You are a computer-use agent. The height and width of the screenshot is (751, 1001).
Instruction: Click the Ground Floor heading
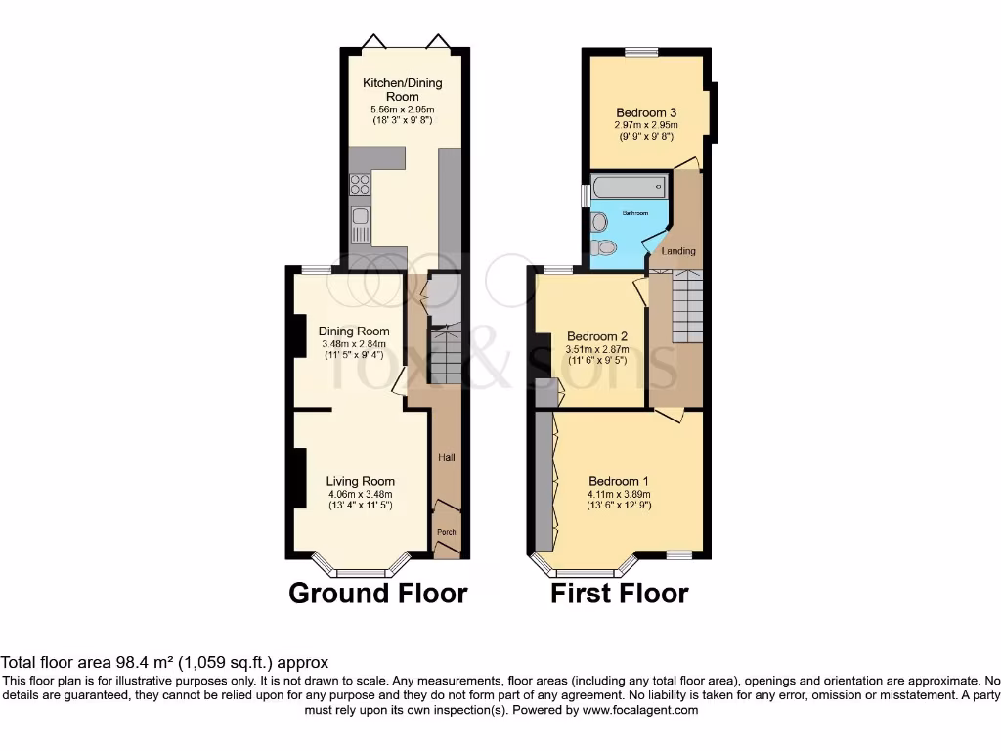(x=377, y=593)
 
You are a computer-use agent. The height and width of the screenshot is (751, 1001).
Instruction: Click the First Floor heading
(x=619, y=593)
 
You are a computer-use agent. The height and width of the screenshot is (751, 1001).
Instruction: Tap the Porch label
(x=446, y=532)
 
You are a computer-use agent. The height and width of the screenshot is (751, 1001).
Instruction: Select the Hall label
(x=446, y=457)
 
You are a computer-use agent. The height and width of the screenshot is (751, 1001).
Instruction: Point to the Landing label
(x=678, y=251)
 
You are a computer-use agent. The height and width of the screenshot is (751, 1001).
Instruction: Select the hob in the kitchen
(x=360, y=184)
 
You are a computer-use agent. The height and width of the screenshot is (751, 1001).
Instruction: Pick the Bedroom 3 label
(x=646, y=112)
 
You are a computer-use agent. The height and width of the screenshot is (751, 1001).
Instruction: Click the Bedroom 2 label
(x=596, y=336)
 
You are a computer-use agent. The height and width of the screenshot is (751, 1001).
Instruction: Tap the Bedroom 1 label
(x=618, y=481)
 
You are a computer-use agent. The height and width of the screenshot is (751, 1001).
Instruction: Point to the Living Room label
(x=361, y=481)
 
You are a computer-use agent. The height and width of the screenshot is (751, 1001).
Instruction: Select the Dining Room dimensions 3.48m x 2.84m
(x=354, y=343)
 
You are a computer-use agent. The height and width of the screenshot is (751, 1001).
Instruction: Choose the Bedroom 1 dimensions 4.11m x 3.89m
(x=619, y=494)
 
